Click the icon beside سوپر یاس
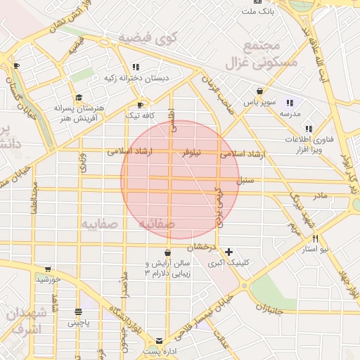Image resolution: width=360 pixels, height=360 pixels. tap(259, 91)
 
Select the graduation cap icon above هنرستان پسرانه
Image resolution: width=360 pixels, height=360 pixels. tap(79, 98)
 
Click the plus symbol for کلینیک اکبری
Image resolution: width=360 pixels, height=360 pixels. tap(229, 251)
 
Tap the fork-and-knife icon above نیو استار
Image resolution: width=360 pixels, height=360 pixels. tap(314, 238)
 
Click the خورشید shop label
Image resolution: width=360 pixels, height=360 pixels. tap(49, 279)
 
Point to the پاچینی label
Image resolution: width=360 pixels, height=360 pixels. tap(79, 323)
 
